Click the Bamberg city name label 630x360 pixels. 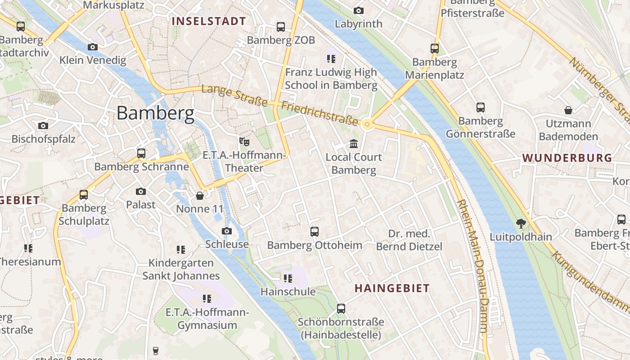pos(155,113)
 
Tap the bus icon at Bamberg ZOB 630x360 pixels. pos(281,27)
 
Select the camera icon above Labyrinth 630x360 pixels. pos(358,10)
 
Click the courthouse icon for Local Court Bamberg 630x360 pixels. pos(354,144)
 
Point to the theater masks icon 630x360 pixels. pos(244,142)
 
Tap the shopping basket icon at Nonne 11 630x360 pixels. pos(200,196)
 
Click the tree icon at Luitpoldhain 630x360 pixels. pos(521,223)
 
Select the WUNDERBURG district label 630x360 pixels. pos(567,158)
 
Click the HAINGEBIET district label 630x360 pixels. pos(392,288)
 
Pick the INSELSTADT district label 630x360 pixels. pos(209,21)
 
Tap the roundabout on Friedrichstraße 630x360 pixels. pos(368,124)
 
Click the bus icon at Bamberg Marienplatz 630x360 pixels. pos(434,49)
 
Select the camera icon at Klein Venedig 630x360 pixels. pos(92,47)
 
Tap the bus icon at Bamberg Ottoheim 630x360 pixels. pos(315,232)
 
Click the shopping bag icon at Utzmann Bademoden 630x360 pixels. pos(568,110)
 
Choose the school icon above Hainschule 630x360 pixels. pos(288,279)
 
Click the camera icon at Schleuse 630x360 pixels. pos(227,231)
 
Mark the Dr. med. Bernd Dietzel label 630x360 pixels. pos(409,240)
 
